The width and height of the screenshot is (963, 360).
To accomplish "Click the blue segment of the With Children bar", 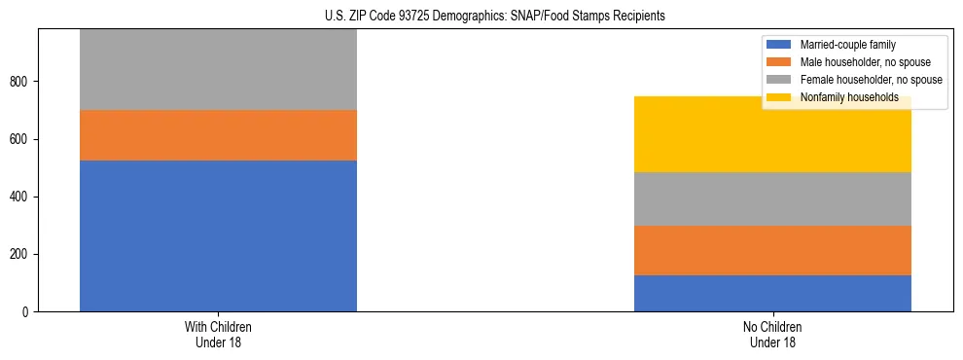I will pos(218,235).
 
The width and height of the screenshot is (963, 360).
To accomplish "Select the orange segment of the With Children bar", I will pos(218,135).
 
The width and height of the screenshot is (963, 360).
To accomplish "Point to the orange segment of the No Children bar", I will pos(772,250).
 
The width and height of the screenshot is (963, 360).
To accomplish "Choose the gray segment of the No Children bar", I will pos(772,198).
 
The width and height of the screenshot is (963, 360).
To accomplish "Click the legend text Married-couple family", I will pos(848,45).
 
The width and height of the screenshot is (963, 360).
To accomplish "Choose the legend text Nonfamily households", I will pos(849,97).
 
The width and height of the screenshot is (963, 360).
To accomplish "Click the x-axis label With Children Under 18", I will pos(218,334).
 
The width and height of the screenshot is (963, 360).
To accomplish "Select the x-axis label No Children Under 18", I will pos(772,334).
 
